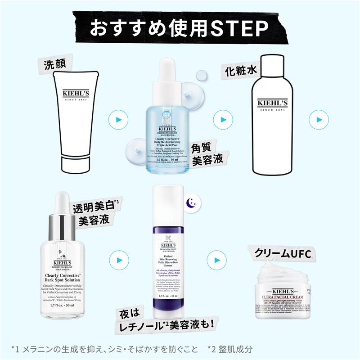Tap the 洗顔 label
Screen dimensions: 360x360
54,64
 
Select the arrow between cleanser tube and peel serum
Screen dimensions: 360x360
117,120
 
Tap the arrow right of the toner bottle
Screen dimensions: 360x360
319,120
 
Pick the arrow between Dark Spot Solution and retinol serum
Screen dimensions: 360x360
118,260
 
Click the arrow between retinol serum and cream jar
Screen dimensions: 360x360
217,260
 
